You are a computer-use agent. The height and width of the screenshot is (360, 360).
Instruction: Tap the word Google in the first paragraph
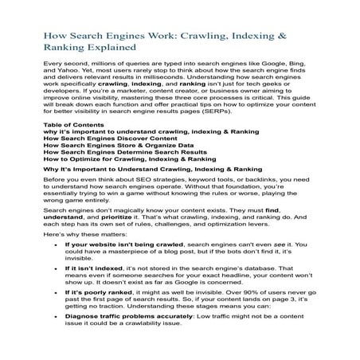263,63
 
